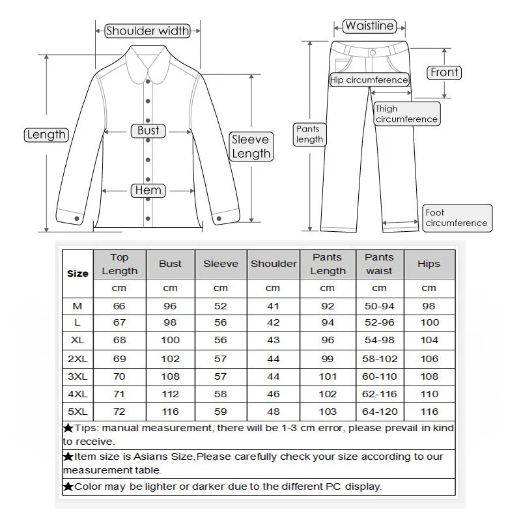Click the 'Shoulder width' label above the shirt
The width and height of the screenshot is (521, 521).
click(x=147, y=31)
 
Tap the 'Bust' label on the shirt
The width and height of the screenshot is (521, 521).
click(x=148, y=130)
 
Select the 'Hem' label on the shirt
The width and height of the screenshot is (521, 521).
click(x=148, y=190)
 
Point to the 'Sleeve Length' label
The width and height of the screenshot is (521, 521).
click(x=251, y=147)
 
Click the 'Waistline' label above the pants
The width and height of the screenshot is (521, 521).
click(x=369, y=27)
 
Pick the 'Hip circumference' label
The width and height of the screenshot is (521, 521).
click(x=369, y=80)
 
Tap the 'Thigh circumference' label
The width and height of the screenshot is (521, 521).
click(x=406, y=114)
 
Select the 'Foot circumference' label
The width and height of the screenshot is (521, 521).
click(x=456, y=218)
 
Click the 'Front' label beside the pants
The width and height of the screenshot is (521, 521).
click(x=445, y=72)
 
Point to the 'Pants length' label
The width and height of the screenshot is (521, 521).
click(x=309, y=134)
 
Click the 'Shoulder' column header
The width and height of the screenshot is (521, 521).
click(x=274, y=264)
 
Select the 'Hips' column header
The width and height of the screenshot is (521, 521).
click(x=429, y=264)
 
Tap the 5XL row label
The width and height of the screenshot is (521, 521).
click(x=77, y=412)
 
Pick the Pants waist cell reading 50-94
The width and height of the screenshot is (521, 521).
click(x=379, y=306)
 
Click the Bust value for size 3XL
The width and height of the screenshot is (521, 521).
click(x=170, y=376)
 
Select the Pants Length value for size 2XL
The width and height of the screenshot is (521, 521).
click(x=328, y=359)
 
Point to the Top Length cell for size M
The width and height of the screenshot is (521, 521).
click(x=119, y=306)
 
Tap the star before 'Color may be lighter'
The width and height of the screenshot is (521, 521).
click(x=68, y=486)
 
